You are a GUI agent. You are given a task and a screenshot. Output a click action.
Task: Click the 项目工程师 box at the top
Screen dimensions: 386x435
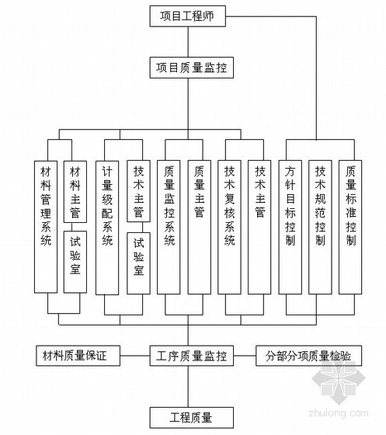(x=188, y=16)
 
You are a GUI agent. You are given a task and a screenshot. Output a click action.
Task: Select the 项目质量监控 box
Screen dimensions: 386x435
(x=192, y=68)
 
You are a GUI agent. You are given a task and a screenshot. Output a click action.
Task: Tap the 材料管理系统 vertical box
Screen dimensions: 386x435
(x=46, y=227)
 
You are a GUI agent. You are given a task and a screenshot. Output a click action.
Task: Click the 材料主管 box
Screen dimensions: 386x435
(x=75, y=192)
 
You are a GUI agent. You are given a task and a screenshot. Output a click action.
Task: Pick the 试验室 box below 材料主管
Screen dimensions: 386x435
(x=75, y=262)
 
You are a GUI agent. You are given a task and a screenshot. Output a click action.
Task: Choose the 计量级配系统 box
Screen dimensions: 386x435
(x=107, y=228)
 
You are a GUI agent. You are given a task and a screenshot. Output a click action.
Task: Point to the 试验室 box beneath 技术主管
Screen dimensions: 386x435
(x=139, y=263)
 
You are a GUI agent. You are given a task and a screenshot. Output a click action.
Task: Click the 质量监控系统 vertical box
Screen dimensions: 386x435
(x=169, y=227)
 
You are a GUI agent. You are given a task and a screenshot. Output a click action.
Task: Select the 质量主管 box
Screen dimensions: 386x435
(x=200, y=227)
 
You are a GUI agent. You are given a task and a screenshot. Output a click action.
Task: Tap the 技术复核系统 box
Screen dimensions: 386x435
(x=229, y=227)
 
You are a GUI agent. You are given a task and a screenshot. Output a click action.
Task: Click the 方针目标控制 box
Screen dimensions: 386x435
(x=290, y=227)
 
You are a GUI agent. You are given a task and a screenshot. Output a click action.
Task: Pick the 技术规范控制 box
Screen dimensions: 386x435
(x=320, y=227)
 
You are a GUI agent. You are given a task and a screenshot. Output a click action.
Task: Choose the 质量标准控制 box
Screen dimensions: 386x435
(x=350, y=227)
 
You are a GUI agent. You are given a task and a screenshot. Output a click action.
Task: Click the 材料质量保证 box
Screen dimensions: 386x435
(x=78, y=356)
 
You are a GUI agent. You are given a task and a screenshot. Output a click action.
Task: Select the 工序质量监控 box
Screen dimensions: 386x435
(x=192, y=356)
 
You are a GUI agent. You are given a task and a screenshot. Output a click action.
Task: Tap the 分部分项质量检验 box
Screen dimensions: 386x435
(x=308, y=356)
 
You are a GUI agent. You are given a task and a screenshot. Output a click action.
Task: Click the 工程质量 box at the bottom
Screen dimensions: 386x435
(x=192, y=418)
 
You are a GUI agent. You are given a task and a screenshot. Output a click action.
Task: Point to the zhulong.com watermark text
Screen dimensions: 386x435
(x=339, y=413)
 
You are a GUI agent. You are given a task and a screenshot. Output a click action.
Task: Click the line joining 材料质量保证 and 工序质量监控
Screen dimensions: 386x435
(x=135, y=356)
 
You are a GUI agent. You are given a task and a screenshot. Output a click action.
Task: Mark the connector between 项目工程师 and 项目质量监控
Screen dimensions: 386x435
(x=188, y=42)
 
